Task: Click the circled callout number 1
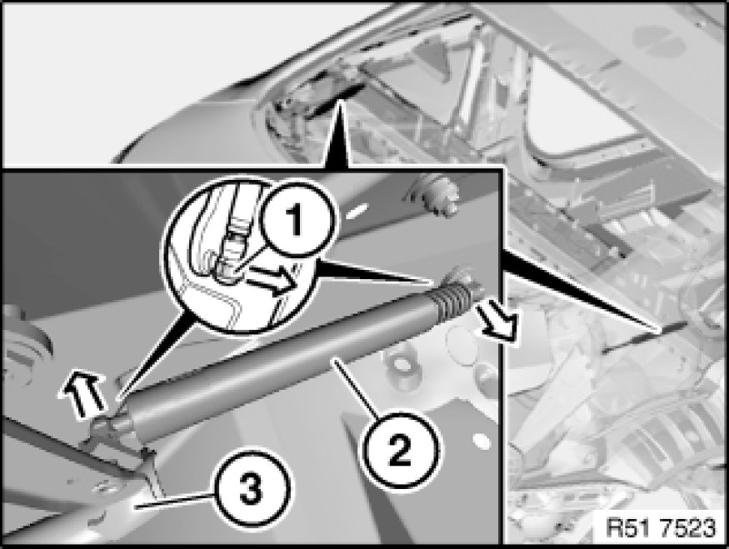coord(296,222)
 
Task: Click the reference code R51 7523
coord(662,528)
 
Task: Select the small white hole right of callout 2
coord(482,441)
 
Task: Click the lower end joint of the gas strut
coord(115,421)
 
